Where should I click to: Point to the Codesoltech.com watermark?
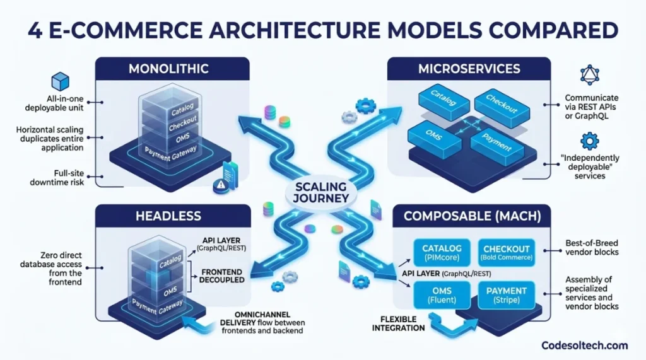coord(585,345)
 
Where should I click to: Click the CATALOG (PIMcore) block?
coord(442,252)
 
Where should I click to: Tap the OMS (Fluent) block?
coord(442,295)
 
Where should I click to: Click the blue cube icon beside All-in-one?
coord(60,81)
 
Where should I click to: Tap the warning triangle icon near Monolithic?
coord(218,185)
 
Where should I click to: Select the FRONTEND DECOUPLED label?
coord(221,276)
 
